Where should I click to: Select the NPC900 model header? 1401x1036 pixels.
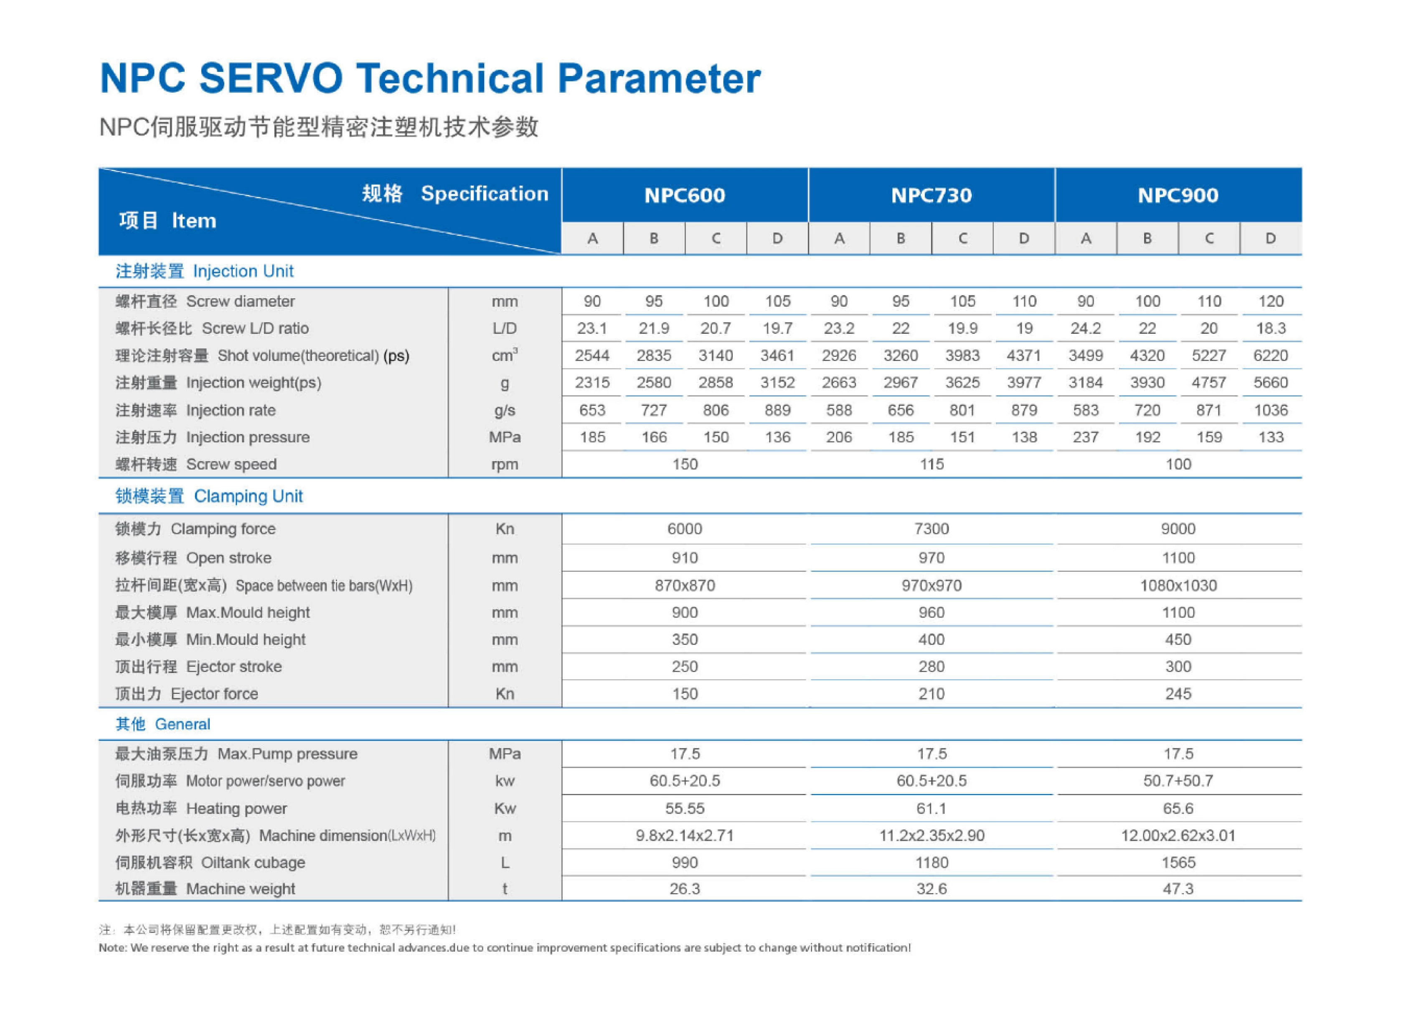tap(1178, 195)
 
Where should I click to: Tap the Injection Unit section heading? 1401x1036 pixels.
tap(204, 271)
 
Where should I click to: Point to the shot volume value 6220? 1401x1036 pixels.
tap(1271, 355)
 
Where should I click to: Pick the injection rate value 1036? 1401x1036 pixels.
tap(1271, 410)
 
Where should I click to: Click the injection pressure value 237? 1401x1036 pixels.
tap(1086, 437)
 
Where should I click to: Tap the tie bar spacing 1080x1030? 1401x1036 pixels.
tap(1178, 585)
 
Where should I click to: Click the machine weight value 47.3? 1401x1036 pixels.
tap(1178, 889)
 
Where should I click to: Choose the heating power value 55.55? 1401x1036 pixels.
tap(685, 808)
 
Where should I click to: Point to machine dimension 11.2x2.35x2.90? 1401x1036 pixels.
tap(932, 835)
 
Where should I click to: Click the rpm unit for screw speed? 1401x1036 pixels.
tap(505, 465)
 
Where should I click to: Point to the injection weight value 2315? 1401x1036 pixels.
tap(592, 383)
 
